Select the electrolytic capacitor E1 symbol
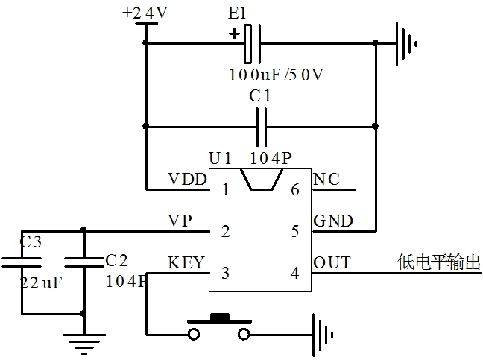pyautogui.click(x=252, y=43)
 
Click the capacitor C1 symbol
pyautogui.click(x=262, y=127)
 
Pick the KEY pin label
pyautogui.click(x=186, y=262)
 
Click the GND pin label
pyautogui.click(x=334, y=221)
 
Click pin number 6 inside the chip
pyautogui.click(x=295, y=189)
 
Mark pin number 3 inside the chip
pyautogui.click(x=224, y=273)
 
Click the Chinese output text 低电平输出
pyautogui.click(x=439, y=262)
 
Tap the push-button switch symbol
pyautogui.click(x=219, y=326)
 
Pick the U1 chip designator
pyautogui.click(x=221, y=159)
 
